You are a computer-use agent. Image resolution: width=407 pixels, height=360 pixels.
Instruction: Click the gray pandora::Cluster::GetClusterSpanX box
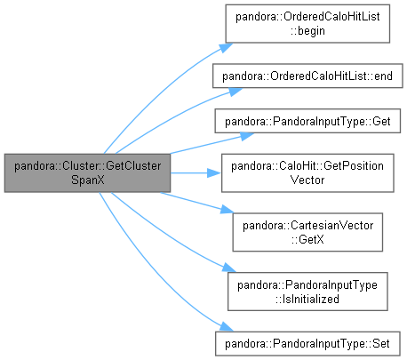click(x=87, y=173)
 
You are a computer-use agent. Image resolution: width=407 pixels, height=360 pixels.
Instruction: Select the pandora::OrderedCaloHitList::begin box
click(x=307, y=24)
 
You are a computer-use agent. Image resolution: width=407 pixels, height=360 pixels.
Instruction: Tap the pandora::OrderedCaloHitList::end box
click(x=307, y=76)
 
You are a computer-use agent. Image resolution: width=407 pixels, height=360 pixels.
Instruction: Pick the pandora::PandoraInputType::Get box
click(x=307, y=121)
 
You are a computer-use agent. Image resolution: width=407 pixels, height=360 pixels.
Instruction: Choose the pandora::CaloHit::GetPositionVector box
click(x=307, y=173)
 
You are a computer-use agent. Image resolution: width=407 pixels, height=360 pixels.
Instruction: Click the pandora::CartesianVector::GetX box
click(x=307, y=232)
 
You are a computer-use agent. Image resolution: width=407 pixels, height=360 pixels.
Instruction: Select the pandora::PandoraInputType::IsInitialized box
click(x=307, y=292)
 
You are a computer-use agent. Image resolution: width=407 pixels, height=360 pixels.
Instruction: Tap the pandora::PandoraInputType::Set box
click(x=307, y=344)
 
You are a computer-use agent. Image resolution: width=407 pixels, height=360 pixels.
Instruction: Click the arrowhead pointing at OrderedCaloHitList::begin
click(x=226, y=47)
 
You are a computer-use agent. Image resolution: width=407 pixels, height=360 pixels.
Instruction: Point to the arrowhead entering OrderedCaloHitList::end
click(x=235, y=92)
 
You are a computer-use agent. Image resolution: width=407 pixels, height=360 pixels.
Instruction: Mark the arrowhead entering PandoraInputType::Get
click(x=246, y=136)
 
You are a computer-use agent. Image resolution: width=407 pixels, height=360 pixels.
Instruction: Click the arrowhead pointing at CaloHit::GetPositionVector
click(x=214, y=173)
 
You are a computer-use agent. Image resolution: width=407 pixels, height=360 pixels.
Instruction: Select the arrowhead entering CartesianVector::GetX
click(x=227, y=210)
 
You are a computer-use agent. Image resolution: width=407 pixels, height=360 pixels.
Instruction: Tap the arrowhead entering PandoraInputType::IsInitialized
click(x=229, y=268)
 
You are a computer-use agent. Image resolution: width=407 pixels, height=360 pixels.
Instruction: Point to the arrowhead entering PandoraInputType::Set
click(x=227, y=327)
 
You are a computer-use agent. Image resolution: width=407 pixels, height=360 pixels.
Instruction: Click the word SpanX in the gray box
click(x=88, y=180)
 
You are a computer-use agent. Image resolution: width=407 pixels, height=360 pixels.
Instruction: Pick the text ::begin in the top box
click(x=307, y=31)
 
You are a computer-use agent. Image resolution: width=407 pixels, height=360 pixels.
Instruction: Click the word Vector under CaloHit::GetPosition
click(x=307, y=180)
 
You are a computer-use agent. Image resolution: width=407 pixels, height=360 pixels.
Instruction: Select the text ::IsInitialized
click(x=307, y=299)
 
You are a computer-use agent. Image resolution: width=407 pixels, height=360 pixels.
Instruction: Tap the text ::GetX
click(x=307, y=239)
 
